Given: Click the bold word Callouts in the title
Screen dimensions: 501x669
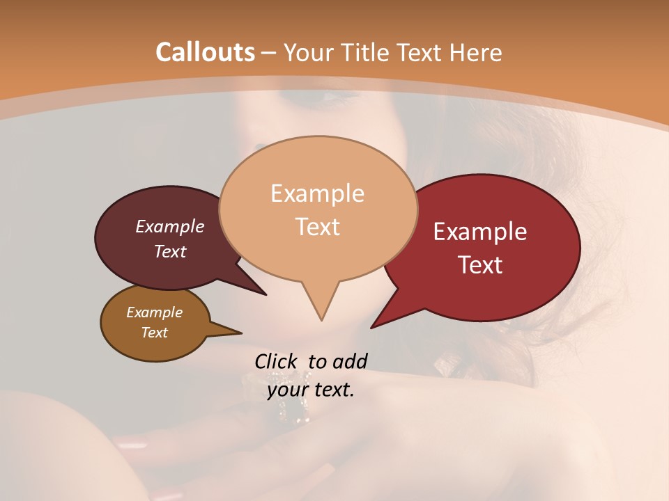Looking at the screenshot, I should point(205,52).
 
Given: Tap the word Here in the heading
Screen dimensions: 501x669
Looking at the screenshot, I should point(477,52).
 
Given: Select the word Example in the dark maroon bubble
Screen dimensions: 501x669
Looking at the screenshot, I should point(170,226).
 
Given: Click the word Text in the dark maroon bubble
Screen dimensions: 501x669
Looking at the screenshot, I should point(170,251).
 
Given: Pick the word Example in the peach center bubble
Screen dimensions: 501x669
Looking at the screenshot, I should point(318,193).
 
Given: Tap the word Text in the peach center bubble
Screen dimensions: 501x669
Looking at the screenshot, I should point(318,227).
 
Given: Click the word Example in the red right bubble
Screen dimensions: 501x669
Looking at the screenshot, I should point(480,232).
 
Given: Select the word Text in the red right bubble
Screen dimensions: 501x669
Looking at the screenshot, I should point(480,265).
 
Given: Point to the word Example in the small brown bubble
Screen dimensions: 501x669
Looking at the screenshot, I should point(154,312).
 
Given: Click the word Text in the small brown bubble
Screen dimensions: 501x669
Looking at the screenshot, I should point(154,333).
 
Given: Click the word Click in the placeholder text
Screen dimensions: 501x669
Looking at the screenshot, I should point(277,361).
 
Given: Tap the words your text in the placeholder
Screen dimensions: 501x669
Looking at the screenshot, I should point(311,390).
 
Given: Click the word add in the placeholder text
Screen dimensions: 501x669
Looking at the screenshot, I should point(349,361).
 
